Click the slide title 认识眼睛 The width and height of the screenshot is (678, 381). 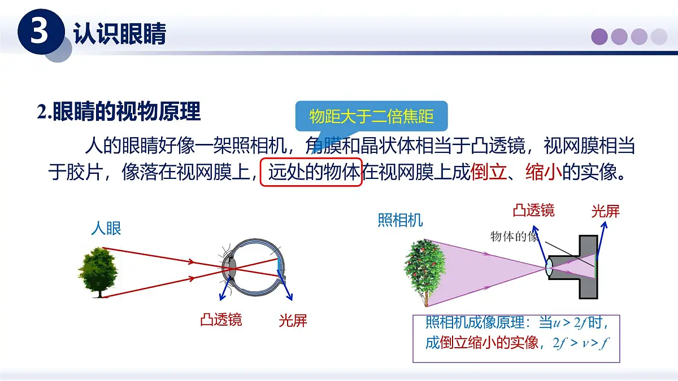[120, 34]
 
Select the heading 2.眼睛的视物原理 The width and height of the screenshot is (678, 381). [119, 112]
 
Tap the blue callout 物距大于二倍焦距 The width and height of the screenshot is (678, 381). [371, 116]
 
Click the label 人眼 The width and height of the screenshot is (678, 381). [106, 229]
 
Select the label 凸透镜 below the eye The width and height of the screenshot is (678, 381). [221, 320]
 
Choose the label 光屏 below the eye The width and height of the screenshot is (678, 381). [293, 321]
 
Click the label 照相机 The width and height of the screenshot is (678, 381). [400, 220]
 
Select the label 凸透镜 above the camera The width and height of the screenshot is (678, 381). [533, 211]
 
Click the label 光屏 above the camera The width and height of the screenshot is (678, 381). [605, 212]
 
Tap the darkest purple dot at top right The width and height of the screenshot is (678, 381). [599, 37]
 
